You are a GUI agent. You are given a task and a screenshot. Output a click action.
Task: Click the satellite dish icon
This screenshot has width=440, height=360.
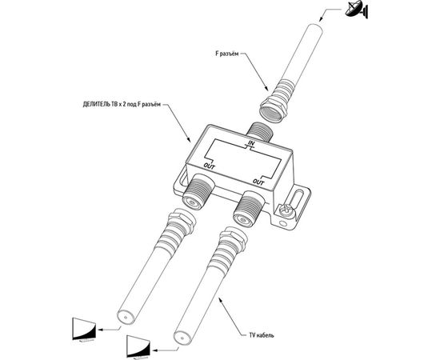point(357,10)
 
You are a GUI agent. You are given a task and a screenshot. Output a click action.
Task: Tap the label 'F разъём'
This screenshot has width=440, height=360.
point(226,54)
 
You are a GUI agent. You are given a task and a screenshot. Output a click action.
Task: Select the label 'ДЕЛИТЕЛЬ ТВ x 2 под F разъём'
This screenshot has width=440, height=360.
point(122,105)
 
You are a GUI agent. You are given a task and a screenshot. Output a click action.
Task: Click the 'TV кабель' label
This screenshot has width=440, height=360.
point(262,335)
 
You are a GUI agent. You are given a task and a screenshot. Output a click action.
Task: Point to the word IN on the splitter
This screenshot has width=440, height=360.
point(251,143)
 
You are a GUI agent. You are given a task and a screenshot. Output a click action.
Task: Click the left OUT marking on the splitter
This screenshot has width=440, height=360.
point(209,166)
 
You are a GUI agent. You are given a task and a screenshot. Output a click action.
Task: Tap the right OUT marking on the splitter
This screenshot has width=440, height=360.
point(258,182)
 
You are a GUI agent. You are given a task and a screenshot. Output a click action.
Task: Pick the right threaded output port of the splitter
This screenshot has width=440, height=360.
point(248,208)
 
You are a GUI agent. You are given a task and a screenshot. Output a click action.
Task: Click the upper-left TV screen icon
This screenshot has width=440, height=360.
point(84,329)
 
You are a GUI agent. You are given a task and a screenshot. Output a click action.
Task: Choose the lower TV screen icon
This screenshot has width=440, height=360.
point(138,346)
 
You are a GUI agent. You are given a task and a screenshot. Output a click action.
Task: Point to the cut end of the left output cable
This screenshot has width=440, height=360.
point(126,318)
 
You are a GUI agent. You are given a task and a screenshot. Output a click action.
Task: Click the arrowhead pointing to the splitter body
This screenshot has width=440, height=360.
point(190,140)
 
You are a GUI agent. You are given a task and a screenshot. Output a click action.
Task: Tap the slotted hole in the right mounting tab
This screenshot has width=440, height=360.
point(296,200)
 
